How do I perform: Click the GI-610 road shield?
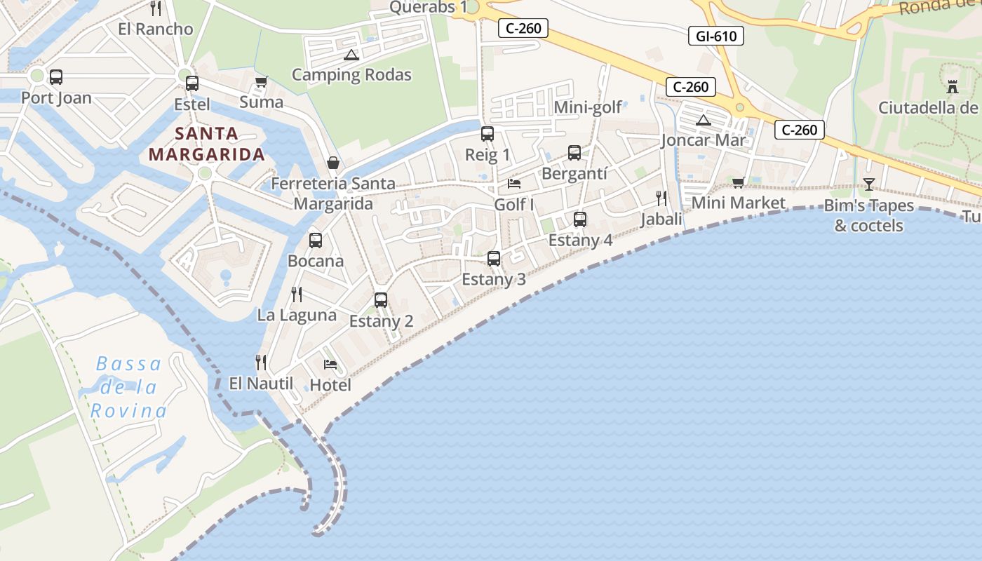point(715,35)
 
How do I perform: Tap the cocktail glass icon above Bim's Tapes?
point(869,184)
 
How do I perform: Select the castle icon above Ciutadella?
point(952,87)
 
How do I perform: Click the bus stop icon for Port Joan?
point(56,77)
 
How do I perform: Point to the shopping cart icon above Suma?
point(262,81)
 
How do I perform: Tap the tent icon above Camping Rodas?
point(351,55)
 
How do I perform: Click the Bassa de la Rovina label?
point(129,387)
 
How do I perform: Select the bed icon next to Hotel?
point(330,364)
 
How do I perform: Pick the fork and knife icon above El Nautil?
point(261,362)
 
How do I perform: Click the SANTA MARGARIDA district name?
point(206,144)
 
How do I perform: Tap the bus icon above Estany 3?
point(494,259)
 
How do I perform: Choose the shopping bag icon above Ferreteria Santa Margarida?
point(333,163)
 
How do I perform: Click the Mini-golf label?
point(588,107)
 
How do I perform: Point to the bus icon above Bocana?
point(316,241)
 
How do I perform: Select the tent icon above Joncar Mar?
point(704,120)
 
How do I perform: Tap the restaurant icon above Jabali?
point(661,198)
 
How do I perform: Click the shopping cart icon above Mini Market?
point(738,182)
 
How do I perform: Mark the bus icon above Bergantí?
point(574,153)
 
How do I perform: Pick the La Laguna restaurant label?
point(297,315)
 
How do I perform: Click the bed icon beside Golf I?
point(514,184)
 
